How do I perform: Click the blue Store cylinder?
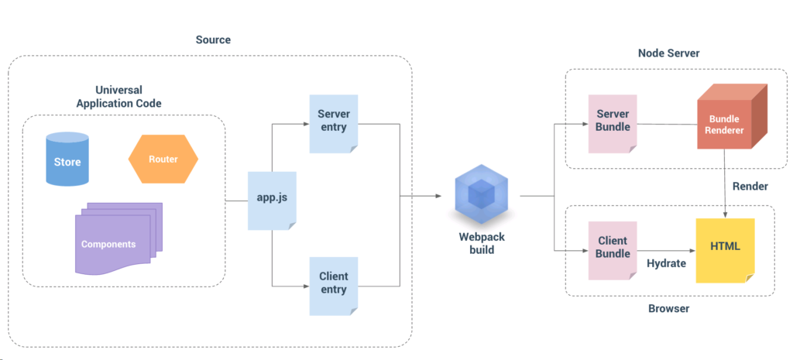pos(67,159)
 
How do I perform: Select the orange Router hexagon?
pos(163,159)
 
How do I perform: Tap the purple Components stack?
pos(118,238)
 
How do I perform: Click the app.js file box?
pos(272,201)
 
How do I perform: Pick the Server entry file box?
pos(333,123)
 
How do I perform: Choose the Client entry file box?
pos(333,286)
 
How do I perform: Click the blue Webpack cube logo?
pos(481,194)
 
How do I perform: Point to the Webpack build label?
pos(482,242)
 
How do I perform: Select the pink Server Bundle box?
pos(613,123)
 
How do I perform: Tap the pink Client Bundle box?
pos(613,250)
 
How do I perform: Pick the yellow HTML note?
pos(725,251)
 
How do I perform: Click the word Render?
pos(750,187)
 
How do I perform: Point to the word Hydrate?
pos(667,264)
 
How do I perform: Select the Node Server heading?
pos(668,53)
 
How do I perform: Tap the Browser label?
pos(668,308)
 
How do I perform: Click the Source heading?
pos(213,39)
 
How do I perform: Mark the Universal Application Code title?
pos(118,97)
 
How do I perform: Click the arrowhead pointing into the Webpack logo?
pos(438,195)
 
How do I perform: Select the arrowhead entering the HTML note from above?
pos(726,215)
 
